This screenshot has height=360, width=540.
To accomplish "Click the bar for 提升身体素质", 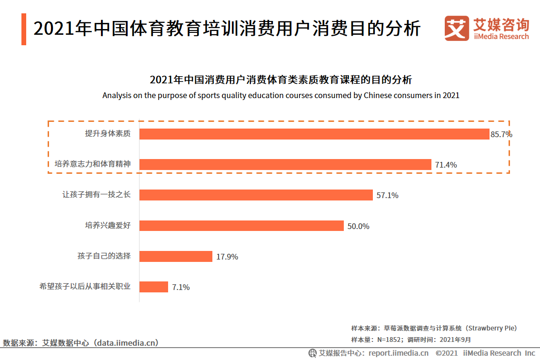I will tap(314, 134).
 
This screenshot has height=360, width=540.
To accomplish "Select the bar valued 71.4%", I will tap(285, 164).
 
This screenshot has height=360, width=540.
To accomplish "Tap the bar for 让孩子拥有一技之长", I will tap(256, 195).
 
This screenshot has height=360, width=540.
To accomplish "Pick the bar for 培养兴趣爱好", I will tap(241, 226).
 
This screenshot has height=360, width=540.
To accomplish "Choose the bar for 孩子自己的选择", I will tap(176, 256).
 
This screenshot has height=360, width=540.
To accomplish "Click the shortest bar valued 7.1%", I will tap(154, 287).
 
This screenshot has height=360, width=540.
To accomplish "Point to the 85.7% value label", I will tap(501, 134).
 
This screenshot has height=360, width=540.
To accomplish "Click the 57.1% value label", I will tap(387, 195).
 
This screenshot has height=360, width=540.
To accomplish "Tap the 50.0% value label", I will tap(358, 226).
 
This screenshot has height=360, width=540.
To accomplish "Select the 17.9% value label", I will tap(227, 257).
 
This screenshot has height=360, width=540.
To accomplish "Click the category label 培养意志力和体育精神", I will tap(92, 164).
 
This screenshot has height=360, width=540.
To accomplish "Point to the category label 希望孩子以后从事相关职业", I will tap(85, 287).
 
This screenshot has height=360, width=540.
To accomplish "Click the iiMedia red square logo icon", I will tap(457, 29).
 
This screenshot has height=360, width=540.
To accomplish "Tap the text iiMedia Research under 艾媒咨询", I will tap(501, 37).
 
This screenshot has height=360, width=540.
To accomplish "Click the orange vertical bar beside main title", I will tap(24, 30).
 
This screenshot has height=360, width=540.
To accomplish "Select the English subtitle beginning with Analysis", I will tap(281, 95).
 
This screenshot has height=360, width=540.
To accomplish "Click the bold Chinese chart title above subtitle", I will tap(281, 80).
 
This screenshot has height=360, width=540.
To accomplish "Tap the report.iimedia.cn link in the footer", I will tap(398, 353).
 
